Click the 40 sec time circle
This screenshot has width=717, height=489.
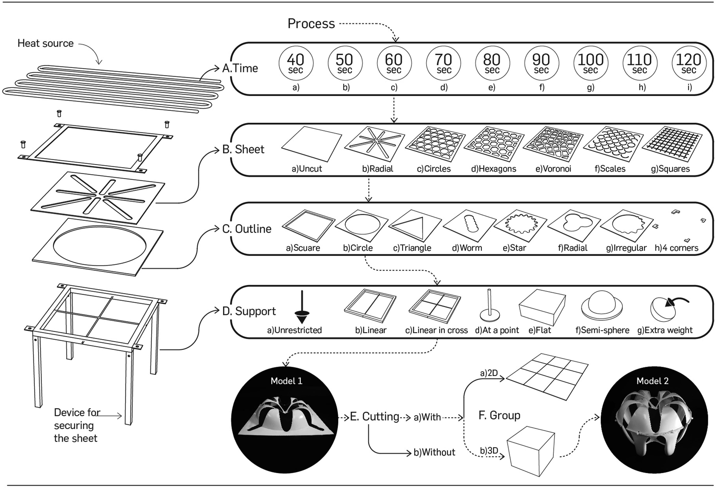(296, 63)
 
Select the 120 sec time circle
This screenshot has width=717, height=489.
(689, 63)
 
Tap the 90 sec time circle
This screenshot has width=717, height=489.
(542, 63)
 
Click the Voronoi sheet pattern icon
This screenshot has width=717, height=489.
(553, 144)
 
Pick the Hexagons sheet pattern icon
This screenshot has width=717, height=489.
(494, 144)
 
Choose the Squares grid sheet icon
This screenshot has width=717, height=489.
(672, 144)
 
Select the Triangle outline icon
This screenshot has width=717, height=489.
(415, 226)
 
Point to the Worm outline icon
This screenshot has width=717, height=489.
(469, 226)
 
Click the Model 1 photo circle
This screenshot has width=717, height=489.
(285, 420)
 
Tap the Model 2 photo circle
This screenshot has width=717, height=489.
(654, 420)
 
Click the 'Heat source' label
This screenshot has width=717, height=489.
(45, 43)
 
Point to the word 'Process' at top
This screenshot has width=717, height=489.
(311, 23)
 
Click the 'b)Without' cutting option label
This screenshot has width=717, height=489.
(434, 452)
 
